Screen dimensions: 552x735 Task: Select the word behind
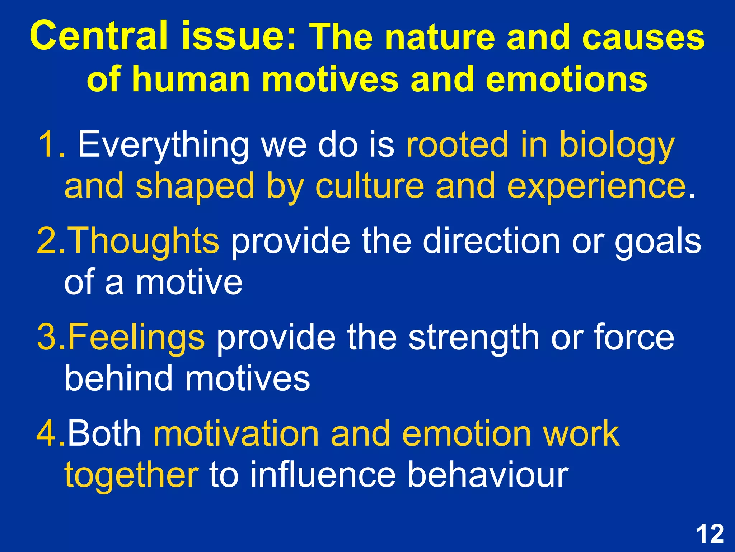click(118, 378)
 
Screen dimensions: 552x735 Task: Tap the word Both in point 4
click(104, 434)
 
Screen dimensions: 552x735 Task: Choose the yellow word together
click(131, 475)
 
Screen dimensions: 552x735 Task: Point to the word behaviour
click(488, 475)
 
